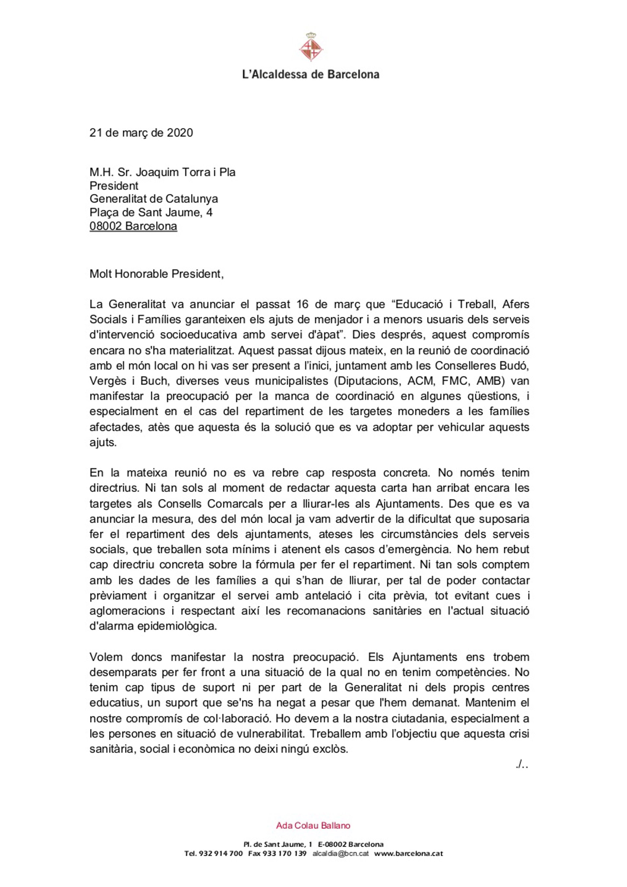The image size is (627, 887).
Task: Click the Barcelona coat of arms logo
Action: (311, 47)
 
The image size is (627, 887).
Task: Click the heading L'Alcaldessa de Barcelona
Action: (311, 74)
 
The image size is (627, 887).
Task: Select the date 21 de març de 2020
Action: (141, 133)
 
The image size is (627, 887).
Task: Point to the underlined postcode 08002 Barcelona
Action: (133, 226)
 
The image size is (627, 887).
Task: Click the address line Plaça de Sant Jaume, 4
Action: (151, 213)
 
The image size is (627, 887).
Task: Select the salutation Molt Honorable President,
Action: (156, 274)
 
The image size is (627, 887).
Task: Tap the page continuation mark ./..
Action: (522, 765)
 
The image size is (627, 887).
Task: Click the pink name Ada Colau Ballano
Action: (313, 826)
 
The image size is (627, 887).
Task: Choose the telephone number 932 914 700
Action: (220, 853)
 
